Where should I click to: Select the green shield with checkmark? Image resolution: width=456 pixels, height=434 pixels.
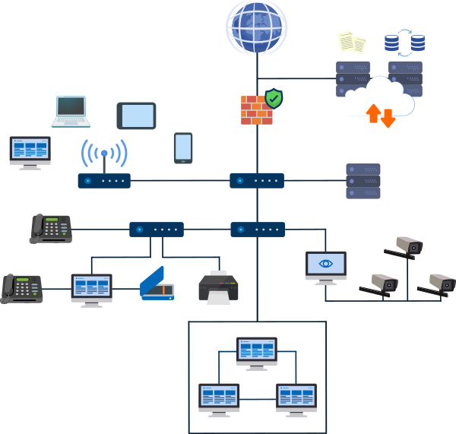(274, 98)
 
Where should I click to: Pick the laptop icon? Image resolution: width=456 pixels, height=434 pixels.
(71, 112)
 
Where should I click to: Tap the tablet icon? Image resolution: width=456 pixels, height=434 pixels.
(136, 116)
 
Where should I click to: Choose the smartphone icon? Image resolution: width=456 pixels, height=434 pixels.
(183, 147)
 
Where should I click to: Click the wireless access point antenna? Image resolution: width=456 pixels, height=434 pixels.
(104, 156)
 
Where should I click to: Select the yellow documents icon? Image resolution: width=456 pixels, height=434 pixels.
(350, 41)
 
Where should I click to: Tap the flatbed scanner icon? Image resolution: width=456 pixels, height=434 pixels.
(157, 284)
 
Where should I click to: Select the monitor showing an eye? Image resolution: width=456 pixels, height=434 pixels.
(325, 267)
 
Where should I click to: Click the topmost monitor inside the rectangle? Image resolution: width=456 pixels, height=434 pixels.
(256, 353)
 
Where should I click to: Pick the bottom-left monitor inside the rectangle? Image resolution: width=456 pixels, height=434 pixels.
(219, 398)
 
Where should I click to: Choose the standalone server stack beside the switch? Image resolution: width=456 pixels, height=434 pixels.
(363, 181)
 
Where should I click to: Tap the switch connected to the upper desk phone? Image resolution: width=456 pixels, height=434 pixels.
(156, 229)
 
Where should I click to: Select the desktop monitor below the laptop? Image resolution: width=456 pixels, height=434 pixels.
(30, 151)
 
